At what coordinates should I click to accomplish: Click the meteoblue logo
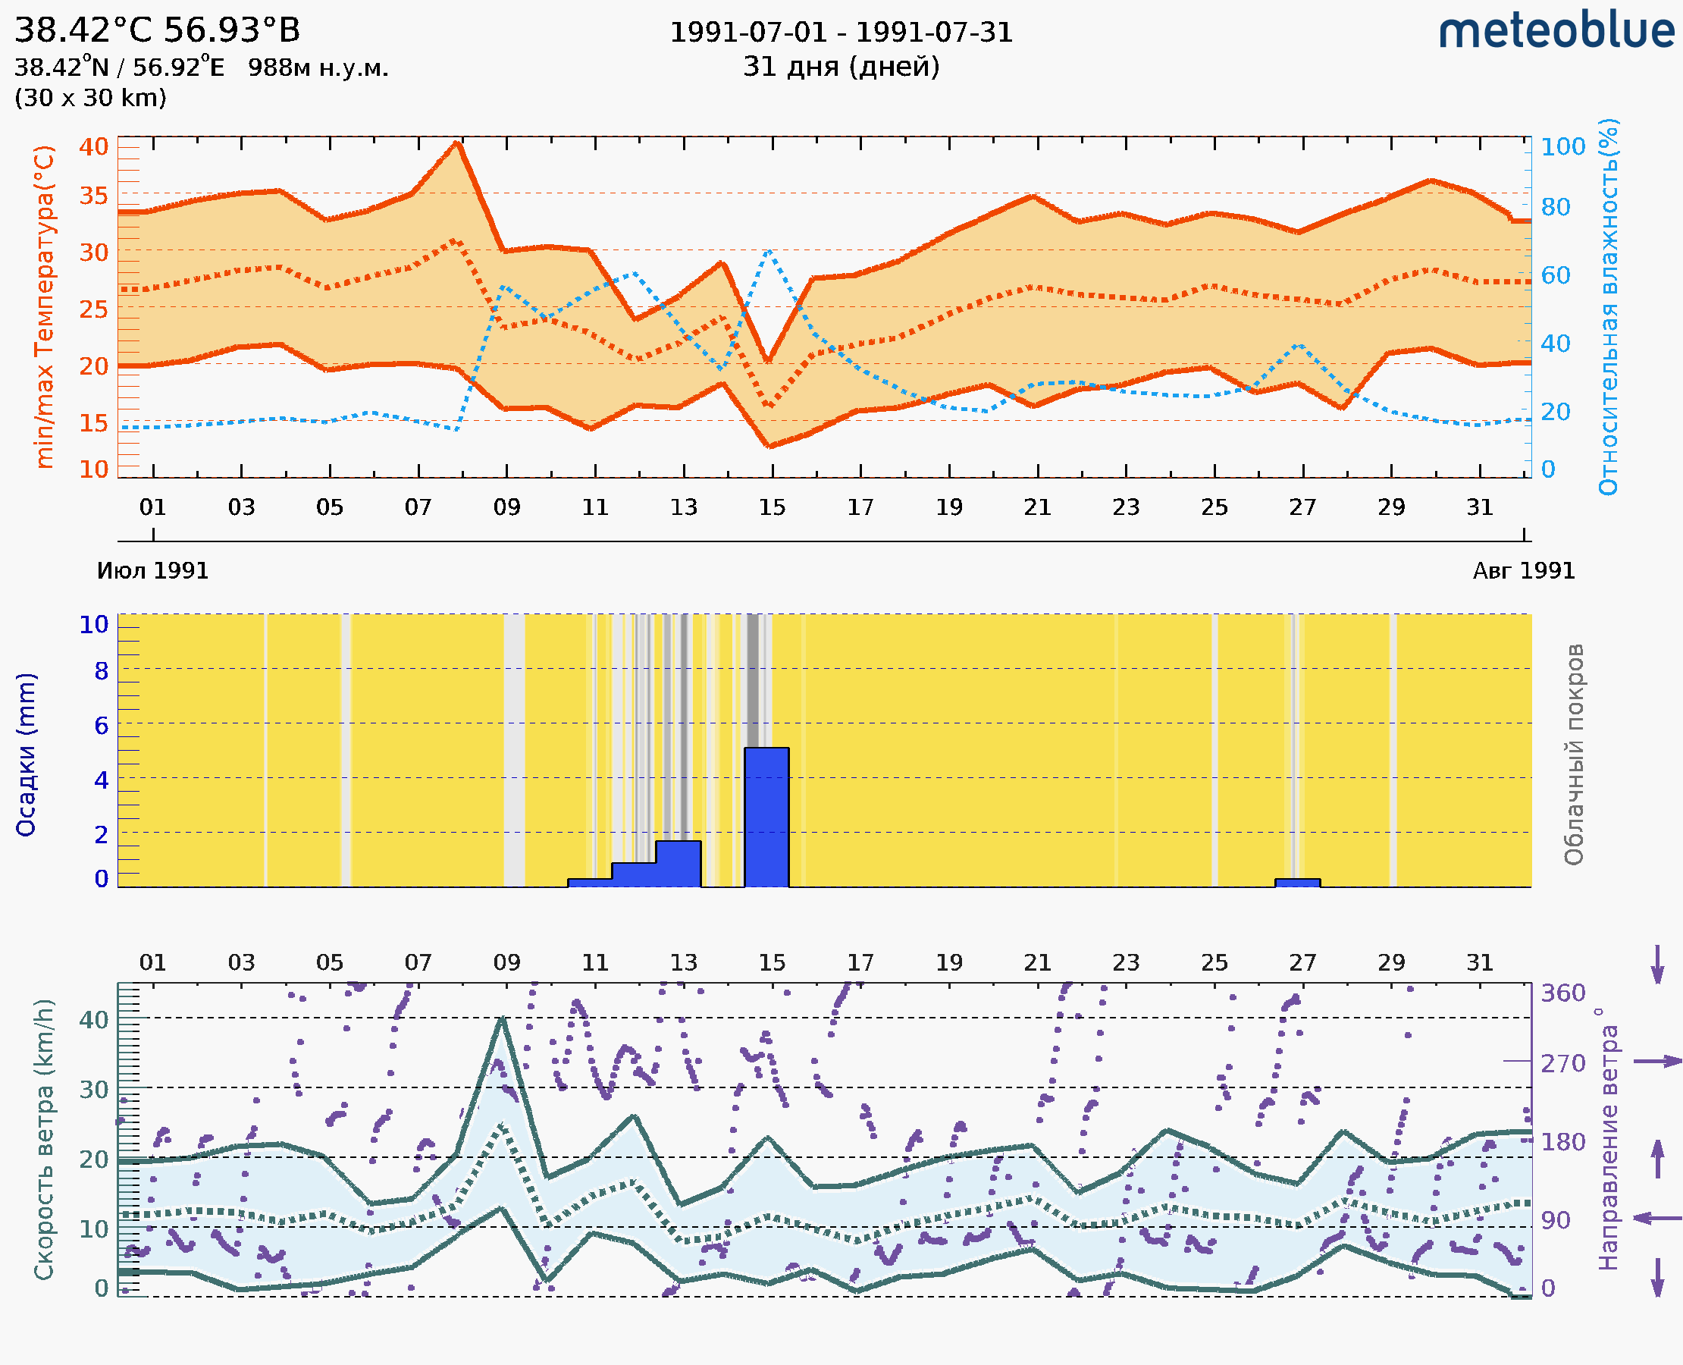1556,31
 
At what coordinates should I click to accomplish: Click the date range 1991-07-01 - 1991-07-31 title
841,33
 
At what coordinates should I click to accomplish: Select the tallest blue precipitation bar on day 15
766,817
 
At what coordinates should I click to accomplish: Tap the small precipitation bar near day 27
1297,883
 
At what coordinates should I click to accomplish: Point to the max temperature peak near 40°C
456,143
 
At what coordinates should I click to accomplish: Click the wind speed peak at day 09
503,1019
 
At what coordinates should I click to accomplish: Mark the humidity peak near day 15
768,250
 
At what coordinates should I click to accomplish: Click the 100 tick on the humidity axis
1562,147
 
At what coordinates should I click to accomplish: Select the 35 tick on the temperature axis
93,195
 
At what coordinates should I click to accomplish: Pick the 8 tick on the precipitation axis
102,670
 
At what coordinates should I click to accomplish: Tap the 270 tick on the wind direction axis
1562,1063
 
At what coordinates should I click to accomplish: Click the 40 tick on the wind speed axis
93,1020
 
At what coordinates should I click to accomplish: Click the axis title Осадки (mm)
26,755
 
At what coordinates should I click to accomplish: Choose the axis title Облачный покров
1574,755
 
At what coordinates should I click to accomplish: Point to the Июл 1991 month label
152,571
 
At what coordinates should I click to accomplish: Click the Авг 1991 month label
1524,571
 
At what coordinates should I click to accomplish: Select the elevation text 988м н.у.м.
318,68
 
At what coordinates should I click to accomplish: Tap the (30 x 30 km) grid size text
90,99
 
